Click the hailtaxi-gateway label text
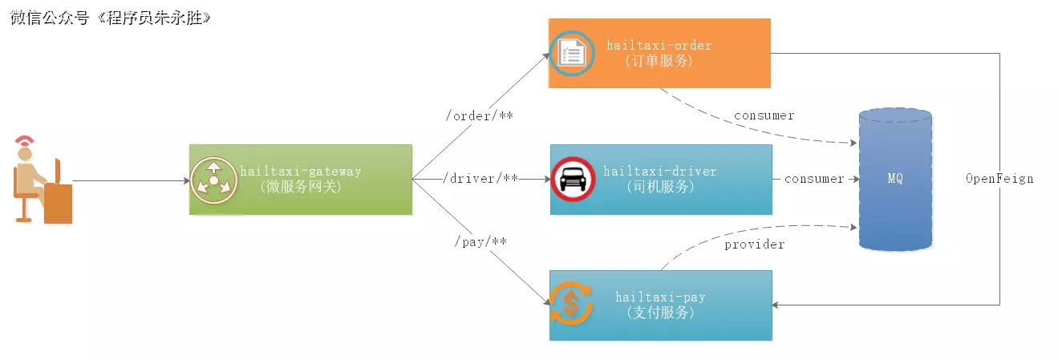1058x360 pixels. coord(301,171)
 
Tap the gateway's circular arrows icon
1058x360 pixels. coord(214,179)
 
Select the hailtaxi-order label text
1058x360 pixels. coord(659,46)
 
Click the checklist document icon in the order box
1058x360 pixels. coord(572,54)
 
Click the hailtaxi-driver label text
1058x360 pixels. coord(659,171)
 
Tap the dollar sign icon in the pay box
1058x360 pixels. coord(570,305)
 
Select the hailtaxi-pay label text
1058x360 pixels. coord(660,297)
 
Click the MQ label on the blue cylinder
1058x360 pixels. coord(894,179)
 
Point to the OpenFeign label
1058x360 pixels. coord(999,179)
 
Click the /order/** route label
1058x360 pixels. coord(479,116)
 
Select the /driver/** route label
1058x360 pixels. coord(480,178)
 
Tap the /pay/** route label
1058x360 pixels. coord(480,241)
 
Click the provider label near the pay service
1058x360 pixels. coord(754,244)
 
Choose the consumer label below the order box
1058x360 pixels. coord(764,115)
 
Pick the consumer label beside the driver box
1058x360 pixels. coord(813,179)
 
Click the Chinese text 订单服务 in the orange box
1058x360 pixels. coord(659,61)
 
